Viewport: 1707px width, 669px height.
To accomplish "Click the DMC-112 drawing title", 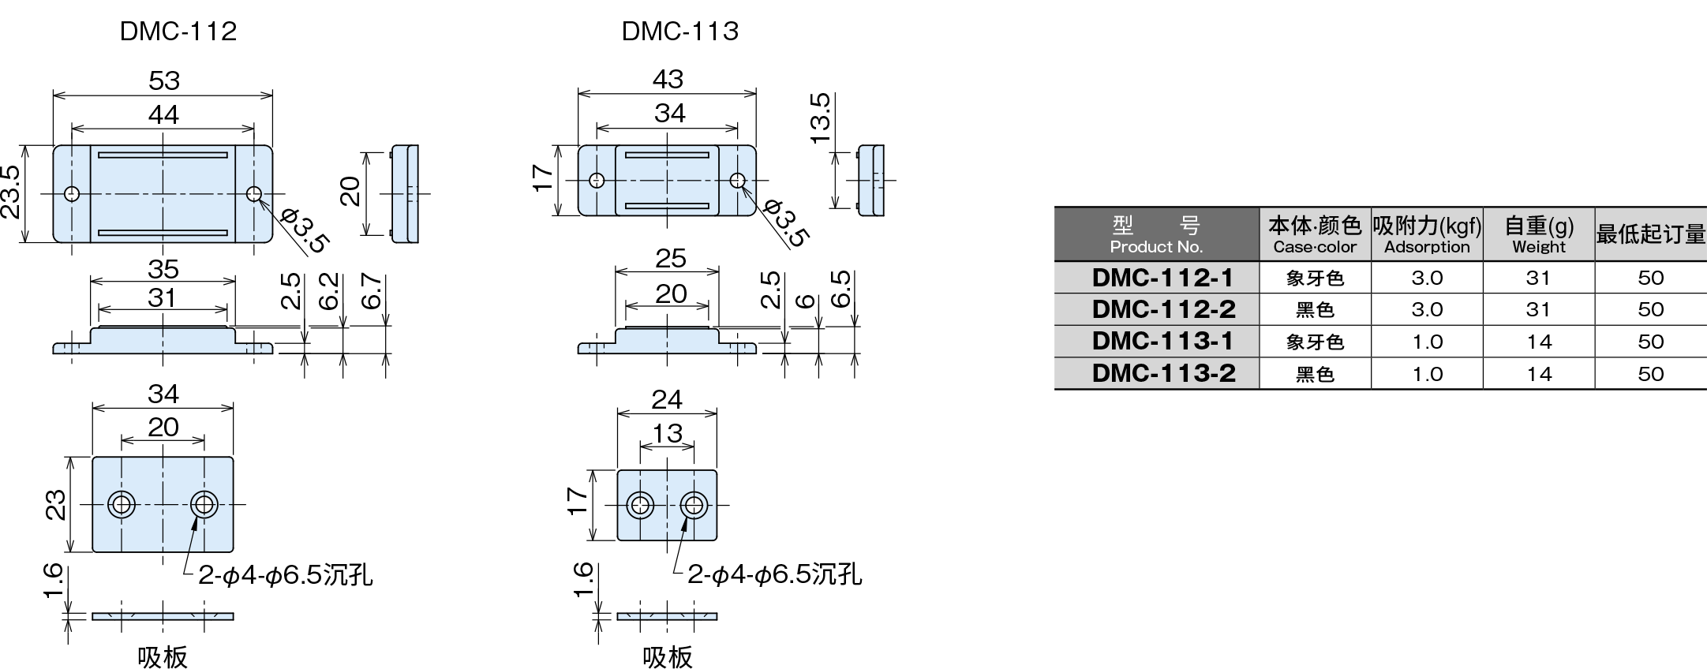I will [178, 32].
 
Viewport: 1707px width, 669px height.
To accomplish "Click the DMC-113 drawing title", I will [679, 32].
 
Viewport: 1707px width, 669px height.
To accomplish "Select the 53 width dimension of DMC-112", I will [164, 80].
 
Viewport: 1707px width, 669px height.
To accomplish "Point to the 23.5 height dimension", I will [11, 192].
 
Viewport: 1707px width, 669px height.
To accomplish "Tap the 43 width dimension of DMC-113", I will [668, 79].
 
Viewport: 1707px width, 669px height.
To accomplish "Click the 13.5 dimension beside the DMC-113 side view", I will [821, 118].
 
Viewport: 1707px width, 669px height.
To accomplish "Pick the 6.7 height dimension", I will [372, 291].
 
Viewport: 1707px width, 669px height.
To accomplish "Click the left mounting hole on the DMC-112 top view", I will [73, 193].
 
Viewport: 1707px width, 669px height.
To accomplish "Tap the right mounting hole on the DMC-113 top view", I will [737, 180].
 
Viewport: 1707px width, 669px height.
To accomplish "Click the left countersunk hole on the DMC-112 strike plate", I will [122, 503].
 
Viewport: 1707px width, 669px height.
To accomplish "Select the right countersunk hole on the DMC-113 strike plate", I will [694, 504].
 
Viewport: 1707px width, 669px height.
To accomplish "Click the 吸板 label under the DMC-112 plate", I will [163, 656].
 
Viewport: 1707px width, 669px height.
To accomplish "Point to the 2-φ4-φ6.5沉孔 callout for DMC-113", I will [774, 574].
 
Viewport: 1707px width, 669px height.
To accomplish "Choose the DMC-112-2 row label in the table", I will [1163, 309].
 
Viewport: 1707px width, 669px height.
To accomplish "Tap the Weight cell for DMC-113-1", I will [1538, 342].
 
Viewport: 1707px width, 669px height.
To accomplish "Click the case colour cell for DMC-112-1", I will [1315, 278].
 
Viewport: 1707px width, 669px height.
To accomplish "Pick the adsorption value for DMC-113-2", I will [1427, 374].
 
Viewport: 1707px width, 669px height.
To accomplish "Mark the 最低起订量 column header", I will [1650, 235].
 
